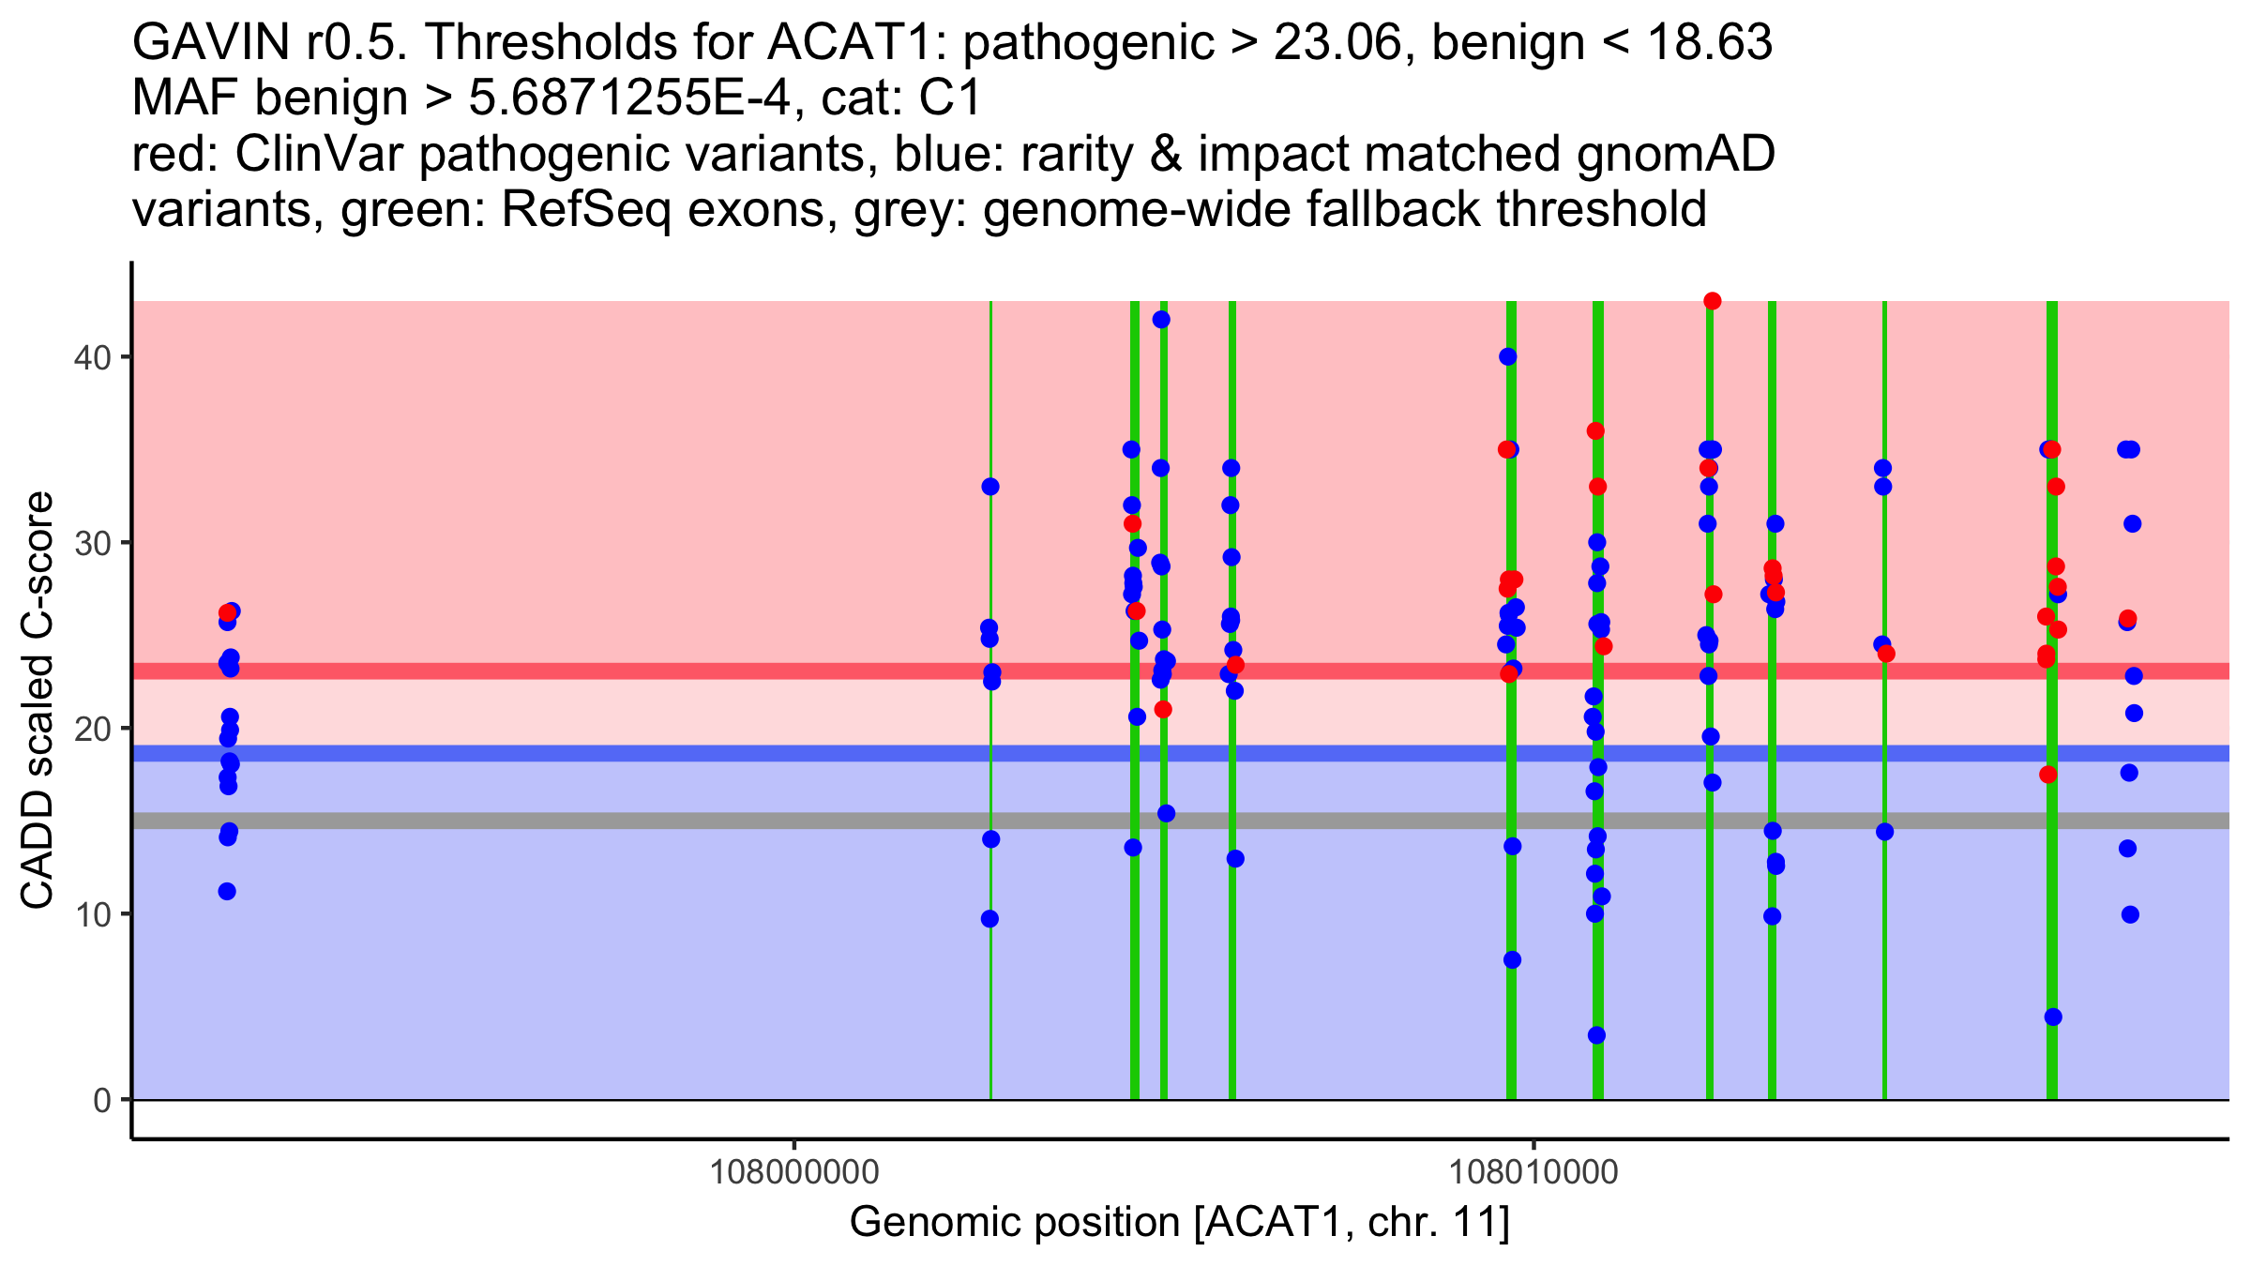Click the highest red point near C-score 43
(1712, 301)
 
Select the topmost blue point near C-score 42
(1161, 320)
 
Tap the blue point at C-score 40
(1508, 356)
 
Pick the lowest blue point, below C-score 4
(1596, 1035)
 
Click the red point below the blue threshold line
(2048, 775)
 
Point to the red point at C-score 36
(1595, 431)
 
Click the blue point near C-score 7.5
(1512, 960)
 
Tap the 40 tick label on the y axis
(91, 357)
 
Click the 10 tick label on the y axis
(91, 914)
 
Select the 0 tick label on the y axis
(101, 1100)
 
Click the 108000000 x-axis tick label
(794, 1172)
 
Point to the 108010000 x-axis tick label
(1534, 1172)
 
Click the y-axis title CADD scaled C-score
(38, 701)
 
